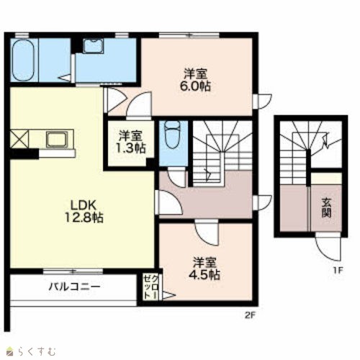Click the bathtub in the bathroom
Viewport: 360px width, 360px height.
pyautogui.click(x=23, y=60)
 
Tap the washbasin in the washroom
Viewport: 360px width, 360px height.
pyautogui.click(x=93, y=46)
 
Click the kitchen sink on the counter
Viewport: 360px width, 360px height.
pyautogui.click(x=57, y=139)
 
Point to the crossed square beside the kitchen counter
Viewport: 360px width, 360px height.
pyautogui.click(x=19, y=139)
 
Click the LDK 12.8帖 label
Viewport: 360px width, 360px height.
pyautogui.click(x=84, y=212)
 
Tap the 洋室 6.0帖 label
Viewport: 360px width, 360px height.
pyautogui.click(x=195, y=80)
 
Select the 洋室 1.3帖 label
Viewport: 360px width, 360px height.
pyautogui.click(x=131, y=142)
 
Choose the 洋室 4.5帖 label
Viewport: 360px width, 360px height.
pyautogui.click(x=204, y=269)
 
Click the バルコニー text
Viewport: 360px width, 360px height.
pyautogui.click(x=74, y=287)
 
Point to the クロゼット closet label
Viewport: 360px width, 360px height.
pyautogui.click(x=151, y=287)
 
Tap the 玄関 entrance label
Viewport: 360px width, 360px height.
pyautogui.click(x=326, y=208)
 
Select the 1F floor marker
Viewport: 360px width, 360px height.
pyautogui.click(x=338, y=271)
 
